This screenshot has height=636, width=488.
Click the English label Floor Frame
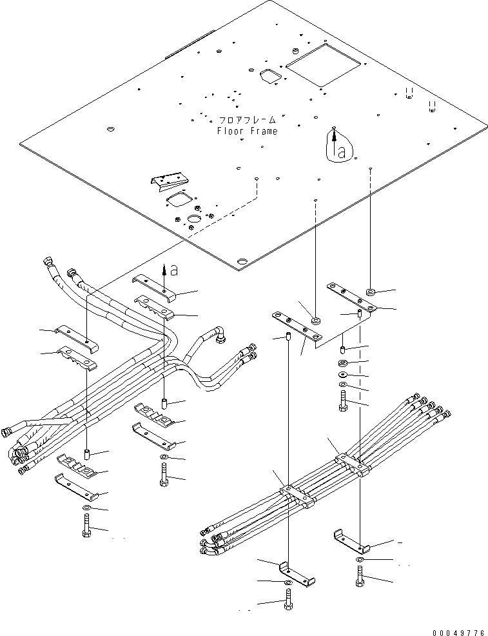point(248,131)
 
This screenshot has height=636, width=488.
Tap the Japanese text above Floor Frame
point(248,121)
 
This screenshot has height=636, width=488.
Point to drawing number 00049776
point(460,632)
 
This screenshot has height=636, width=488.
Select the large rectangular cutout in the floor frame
point(323,65)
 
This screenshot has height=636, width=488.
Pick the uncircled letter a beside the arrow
point(174,270)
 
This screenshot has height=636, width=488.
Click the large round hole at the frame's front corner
point(242,262)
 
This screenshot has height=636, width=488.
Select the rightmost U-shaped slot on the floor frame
point(433,106)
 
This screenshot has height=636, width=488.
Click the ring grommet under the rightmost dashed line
point(371,291)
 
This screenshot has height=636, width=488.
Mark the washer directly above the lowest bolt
point(288,583)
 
